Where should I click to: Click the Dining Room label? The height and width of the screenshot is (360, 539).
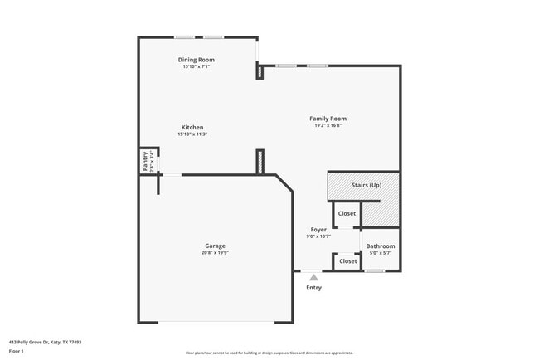(197, 60)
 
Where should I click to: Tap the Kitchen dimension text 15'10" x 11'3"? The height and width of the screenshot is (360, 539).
(192, 134)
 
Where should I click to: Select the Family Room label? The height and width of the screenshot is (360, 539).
(328, 119)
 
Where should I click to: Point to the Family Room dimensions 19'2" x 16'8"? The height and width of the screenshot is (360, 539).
(328, 126)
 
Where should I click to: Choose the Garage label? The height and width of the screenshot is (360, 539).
(215, 246)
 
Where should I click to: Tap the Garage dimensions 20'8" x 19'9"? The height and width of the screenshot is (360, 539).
(215, 253)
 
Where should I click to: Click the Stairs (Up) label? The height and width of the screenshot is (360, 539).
(366, 185)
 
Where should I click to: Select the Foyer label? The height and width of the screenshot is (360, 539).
(318, 230)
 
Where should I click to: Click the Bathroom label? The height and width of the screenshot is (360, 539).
(381, 246)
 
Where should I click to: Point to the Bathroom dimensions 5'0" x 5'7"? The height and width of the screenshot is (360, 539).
(381, 253)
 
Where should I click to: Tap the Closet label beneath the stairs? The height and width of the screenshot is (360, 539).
(347, 214)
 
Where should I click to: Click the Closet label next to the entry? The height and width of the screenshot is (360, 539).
(348, 261)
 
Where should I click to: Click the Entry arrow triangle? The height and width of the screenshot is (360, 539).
(313, 278)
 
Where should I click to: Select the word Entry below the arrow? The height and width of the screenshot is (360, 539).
(313, 288)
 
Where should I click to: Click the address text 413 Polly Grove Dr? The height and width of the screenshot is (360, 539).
(45, 342)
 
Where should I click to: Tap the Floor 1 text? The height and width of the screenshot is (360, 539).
(17, 351)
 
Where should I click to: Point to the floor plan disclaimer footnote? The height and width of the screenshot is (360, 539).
(269, 353)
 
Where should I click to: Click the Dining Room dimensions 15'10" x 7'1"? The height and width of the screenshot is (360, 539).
(197, 67)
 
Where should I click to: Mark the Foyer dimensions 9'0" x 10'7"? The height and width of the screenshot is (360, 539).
(318, 237)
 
